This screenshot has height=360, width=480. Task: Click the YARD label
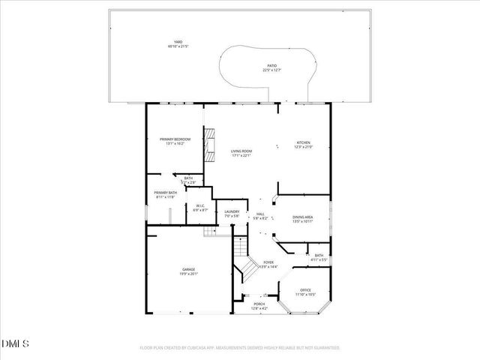pyautogui.click(x=177, y=42)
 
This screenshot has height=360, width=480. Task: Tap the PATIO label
pyautogui.click(x=271, y=66)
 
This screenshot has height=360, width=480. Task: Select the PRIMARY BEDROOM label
pyautogui.click(x=175, y=139)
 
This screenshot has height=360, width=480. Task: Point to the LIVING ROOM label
pyautogui.click(x=241, y=151)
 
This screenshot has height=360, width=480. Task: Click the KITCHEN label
pyautogui.click(x=303, y=142)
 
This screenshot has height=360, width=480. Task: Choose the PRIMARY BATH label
pyautogui.click(x=165, y=193)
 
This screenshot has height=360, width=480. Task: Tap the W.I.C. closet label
pyautogui.click(x=201, y=206)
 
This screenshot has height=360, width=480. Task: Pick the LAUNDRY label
pyautogui.click(x=232, y=212)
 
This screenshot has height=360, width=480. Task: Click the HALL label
pyautogui.click(x=260, y=214)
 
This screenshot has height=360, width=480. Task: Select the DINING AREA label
pyautogui.click(x=303, y=217)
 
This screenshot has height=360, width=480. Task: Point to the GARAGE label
pyautogui.click(x=188, y=270)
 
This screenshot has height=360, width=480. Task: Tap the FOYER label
pyautogui.click(x=268, y=262)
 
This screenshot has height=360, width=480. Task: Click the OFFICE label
pyautogui.click(x=304, y=289)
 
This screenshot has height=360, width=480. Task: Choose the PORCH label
pyautogui.click(x=258, y=304)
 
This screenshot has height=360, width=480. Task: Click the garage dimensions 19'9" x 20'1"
pyautogui.click(x=188, y=274)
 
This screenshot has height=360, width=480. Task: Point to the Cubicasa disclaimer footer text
pyautogui.click(x=240, y=347)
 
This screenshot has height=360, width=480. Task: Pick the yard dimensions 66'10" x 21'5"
pyautogui.click(x=177, y=46)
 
